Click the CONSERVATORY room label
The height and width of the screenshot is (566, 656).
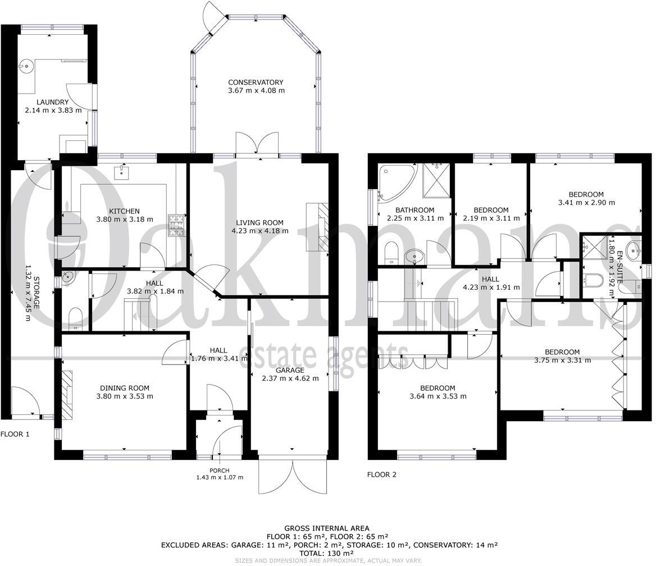point(256,83)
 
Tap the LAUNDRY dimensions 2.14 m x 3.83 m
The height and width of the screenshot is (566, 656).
point(53,111)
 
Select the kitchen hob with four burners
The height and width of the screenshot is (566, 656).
point(177,225)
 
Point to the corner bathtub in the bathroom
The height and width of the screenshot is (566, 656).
point(394,181)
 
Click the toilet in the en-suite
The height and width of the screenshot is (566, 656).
point(594,280)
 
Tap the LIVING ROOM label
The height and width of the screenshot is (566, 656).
point(259,222)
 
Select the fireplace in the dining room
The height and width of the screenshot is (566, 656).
point(67,395)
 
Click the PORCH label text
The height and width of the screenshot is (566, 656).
point(219,470)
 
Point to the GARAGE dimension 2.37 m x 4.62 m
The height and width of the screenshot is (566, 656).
point(290,378)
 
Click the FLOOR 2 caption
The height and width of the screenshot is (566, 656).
point(381,474)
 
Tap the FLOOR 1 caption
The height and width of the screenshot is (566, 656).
point(15,434)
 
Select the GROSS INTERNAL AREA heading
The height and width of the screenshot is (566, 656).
point(327,528)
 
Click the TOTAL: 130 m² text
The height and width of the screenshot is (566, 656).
point(327,553)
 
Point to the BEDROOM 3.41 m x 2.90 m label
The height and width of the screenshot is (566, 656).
point(586,199)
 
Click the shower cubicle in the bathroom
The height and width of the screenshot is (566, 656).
point(437,181)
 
